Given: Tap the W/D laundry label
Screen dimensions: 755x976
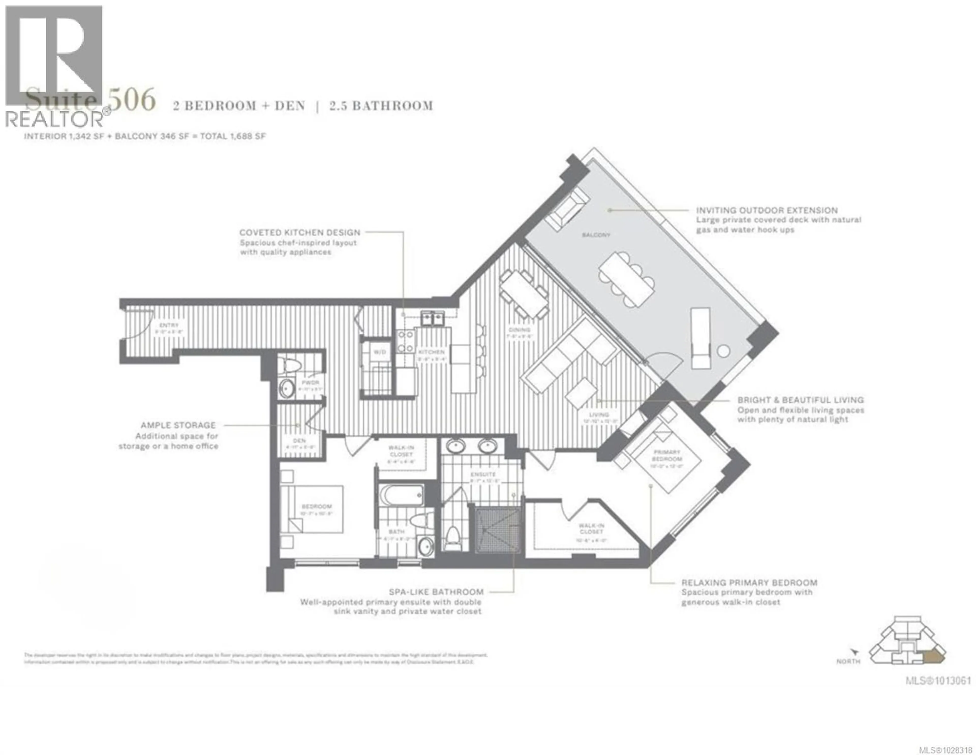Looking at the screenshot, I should pyautogui.click(x=379, y=352).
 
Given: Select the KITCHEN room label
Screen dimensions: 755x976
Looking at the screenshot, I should pyautogui.click(x=431, y=352).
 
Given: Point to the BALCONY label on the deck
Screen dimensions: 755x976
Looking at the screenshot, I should pyautogui.click(x=596, y=235).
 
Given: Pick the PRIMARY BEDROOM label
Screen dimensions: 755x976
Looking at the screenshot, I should pyautogui.click(x=667, y=455).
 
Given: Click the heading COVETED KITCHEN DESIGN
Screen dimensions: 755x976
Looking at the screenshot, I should pyautogui.click(x=299, y=232).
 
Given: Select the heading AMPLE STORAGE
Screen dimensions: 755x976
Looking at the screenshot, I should pyautogui.click(x=178, y=425).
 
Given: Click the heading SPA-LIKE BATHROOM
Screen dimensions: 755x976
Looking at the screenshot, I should pyautogui.click(x=436, y=592).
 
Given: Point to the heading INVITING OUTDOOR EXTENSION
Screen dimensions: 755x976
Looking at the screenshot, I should pyautogui.click(x=766, y=210).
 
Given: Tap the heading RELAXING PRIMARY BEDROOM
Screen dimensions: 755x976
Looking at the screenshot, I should pyautogui.click(x=749, y=583).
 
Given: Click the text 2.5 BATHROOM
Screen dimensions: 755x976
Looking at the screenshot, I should pyautogui.click(x=381, y=106).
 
